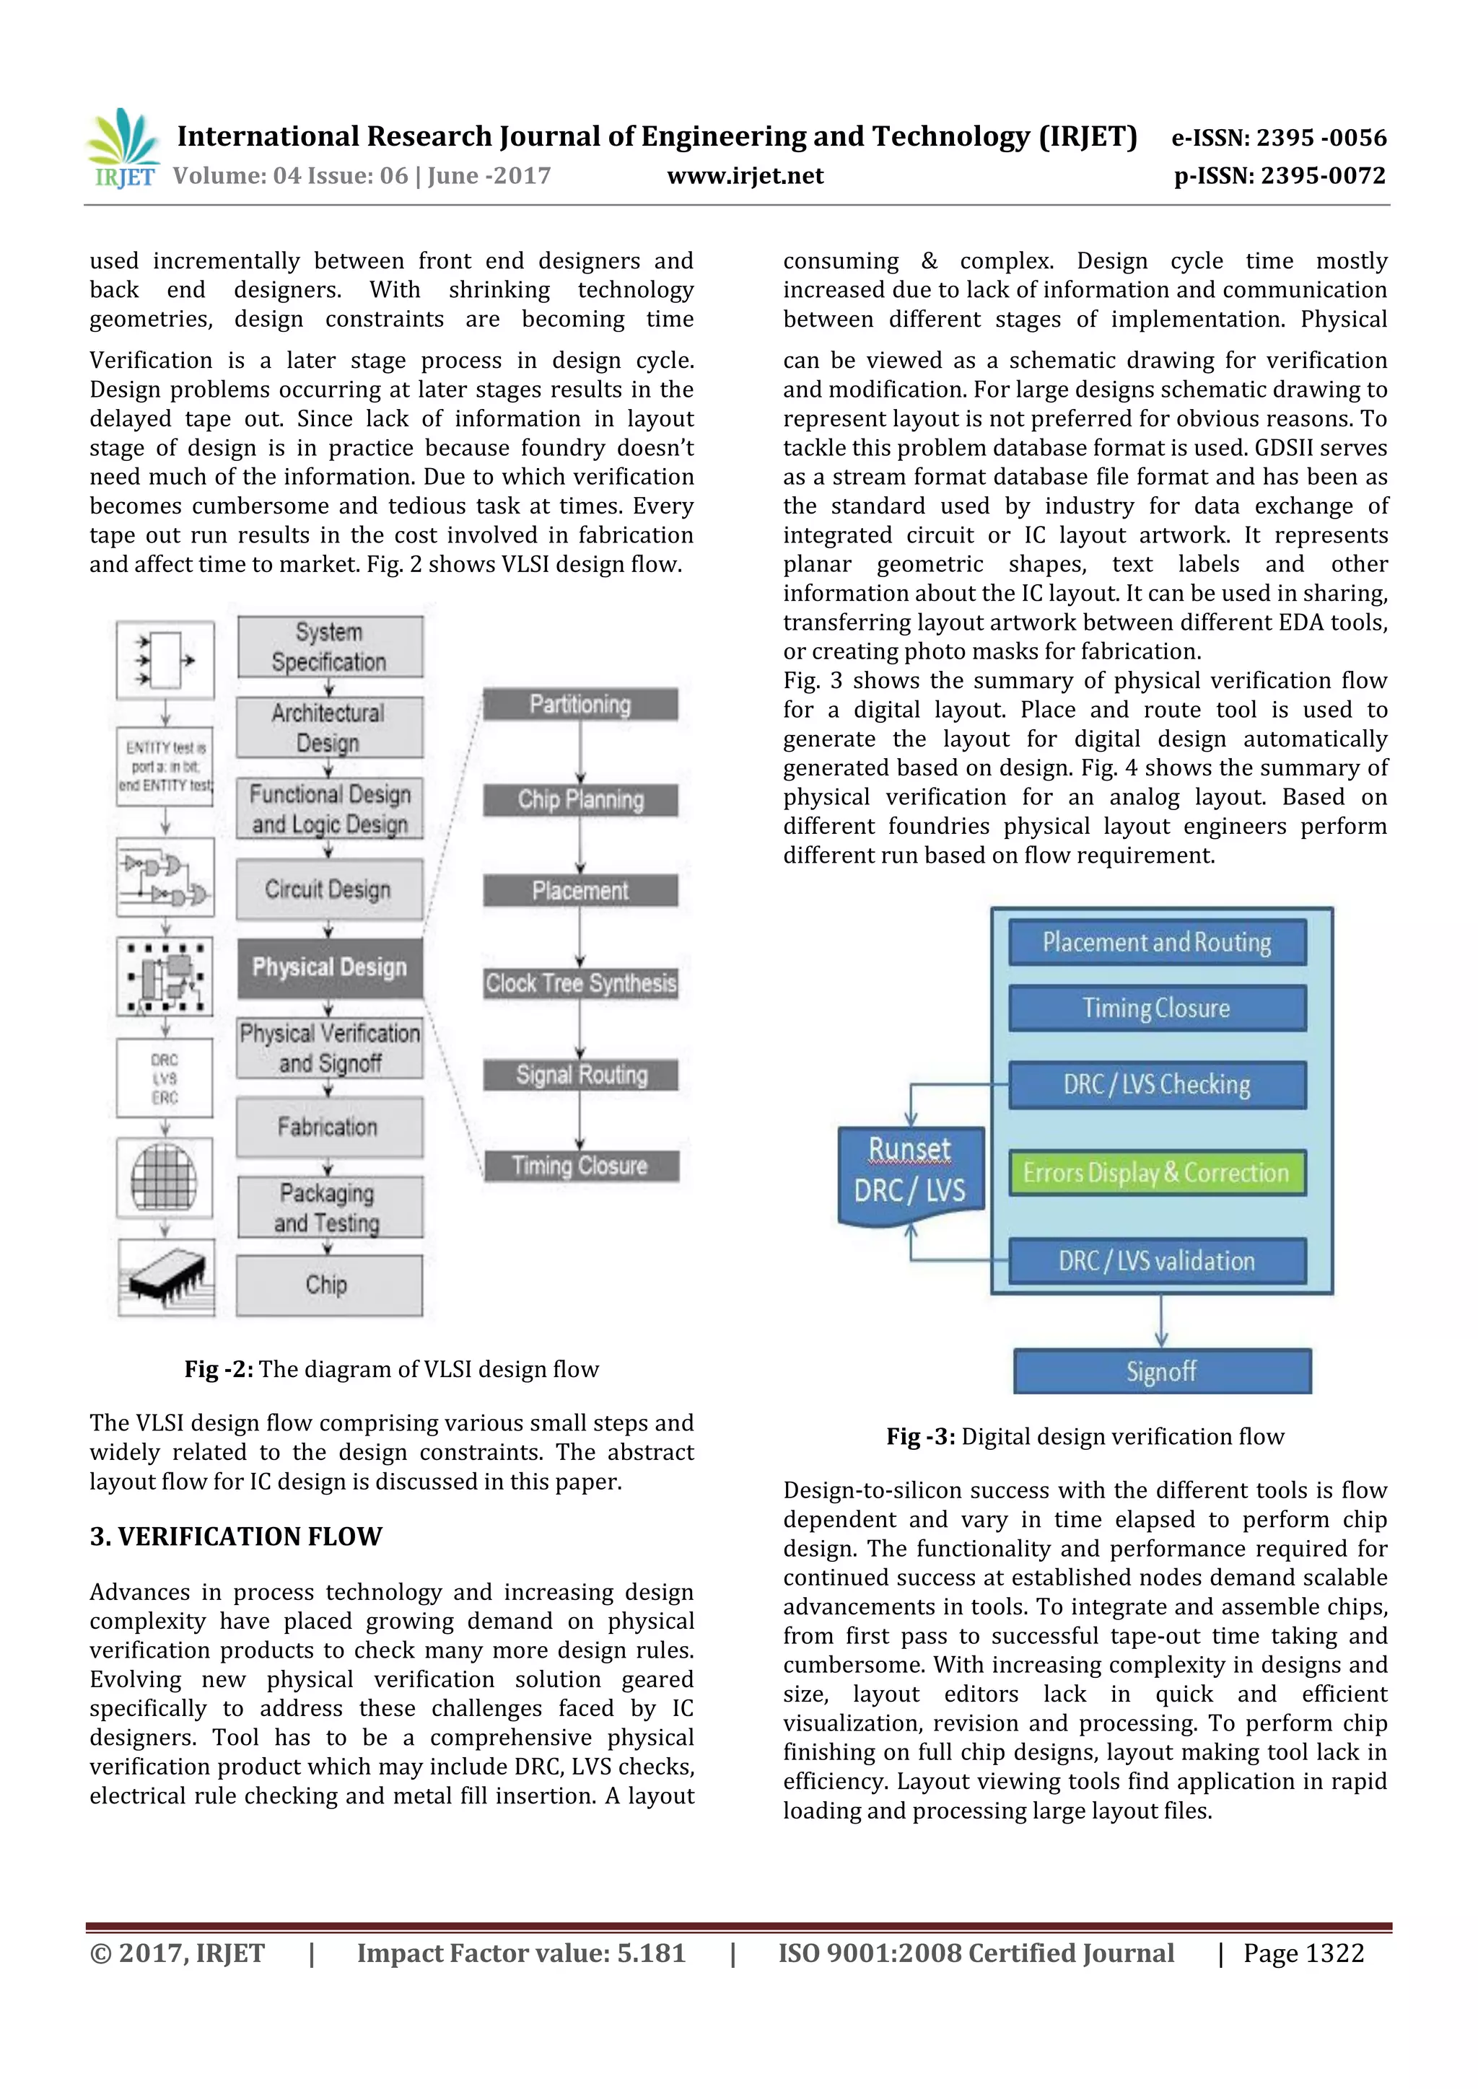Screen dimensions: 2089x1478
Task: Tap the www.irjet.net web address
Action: pyautogui.click(x=745, y=175)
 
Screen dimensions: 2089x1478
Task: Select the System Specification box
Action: pyautogui.click(x=330, y=647)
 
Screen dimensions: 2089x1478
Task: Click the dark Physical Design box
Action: pyautogui.click(x=330, y=967)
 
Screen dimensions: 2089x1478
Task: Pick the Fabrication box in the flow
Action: pyautogui.click(x=328, y=1127)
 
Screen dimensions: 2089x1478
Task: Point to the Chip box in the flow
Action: pyautogui.click(x=328, y=1285)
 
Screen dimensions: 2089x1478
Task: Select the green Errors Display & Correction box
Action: pyautogui.click(x=1156, y=1173)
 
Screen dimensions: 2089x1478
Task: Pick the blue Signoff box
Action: pyautogui.click(x=1161, y=1371)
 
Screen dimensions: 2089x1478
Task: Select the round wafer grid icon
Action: pyautogui.click(x=164, y=1177)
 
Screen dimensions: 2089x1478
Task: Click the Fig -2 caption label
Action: pyautogui.click(x=219, y=1369)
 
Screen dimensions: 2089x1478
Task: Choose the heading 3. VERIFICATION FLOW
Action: pyautogui.click(x=236, y=1536)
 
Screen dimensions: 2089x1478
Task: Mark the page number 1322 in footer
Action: pyautogui.click(x=1303, y=1953)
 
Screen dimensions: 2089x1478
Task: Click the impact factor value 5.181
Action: pyautogui.click(x=651, y=1953)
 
